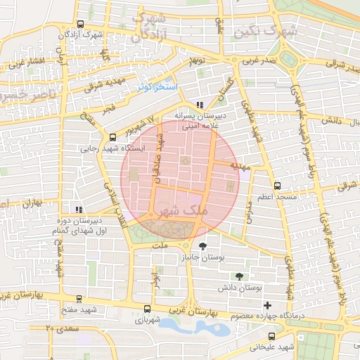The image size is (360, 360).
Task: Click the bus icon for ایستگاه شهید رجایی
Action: point(112,137)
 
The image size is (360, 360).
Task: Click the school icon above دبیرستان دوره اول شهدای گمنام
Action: point(79,209)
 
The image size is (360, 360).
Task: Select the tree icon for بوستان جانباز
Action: point(202,246)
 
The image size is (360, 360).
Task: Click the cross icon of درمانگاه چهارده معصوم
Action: point(267,305)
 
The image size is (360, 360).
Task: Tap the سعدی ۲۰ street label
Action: point(59,328)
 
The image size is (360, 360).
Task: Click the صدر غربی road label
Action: point(257,60)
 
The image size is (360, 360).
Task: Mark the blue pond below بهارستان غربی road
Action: point(184,327)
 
